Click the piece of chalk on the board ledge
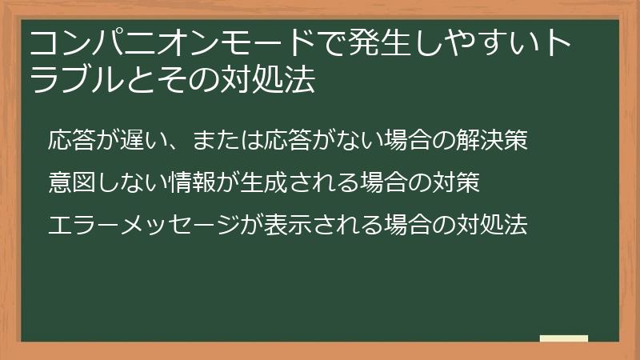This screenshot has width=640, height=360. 564,338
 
